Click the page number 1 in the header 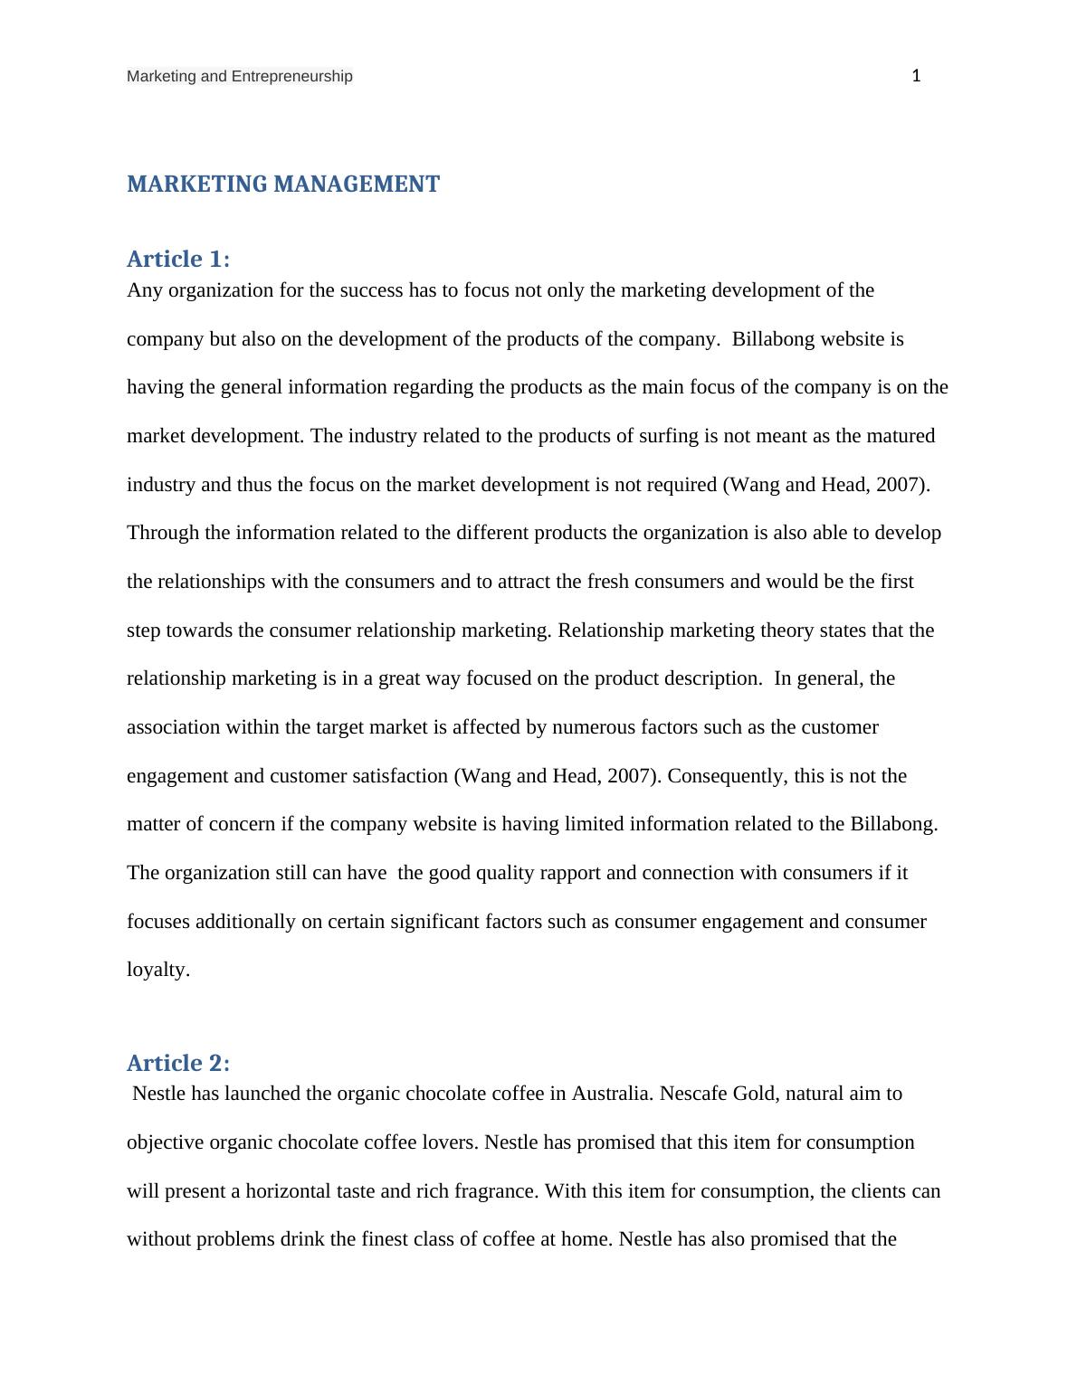point(916,76)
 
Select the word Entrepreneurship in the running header point(292,77)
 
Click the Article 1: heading point(178,260)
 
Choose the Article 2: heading point(178,1063)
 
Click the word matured point(900,436)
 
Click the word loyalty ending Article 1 point(157,971)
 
